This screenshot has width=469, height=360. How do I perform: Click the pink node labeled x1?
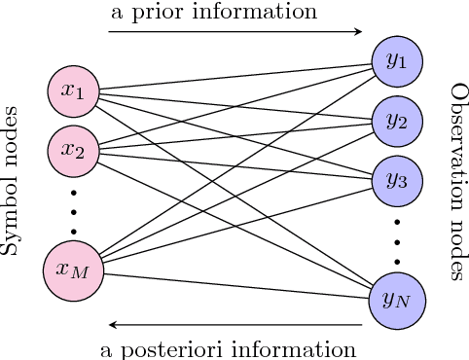73,91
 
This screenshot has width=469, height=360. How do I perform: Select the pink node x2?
73,149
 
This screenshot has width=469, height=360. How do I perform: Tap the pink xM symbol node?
73,270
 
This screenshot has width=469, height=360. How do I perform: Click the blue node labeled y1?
396,63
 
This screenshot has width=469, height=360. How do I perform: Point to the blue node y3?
396,180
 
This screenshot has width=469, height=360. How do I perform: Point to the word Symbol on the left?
14,227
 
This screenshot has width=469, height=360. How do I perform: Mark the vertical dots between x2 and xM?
73,209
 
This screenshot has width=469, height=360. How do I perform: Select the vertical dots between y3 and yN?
396,240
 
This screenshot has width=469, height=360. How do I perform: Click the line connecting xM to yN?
234,285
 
